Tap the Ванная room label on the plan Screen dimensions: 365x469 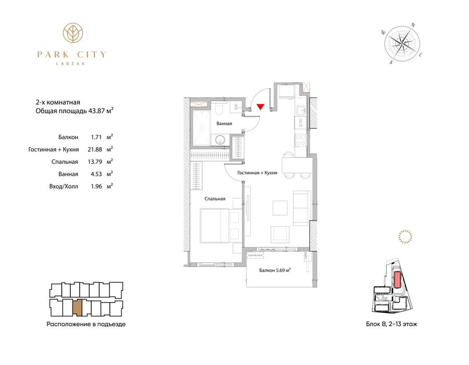tap(224, 124)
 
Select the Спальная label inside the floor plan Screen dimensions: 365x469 tap(214, 199)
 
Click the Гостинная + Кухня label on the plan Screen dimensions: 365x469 tap(256, 173)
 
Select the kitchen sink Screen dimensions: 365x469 tap(301, 110)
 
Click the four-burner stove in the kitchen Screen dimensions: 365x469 tap(301, 140)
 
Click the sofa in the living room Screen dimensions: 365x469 tap(301, 206)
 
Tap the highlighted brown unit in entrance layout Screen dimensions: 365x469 tap(77, 308)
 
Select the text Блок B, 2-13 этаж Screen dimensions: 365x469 tap(391, 324)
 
